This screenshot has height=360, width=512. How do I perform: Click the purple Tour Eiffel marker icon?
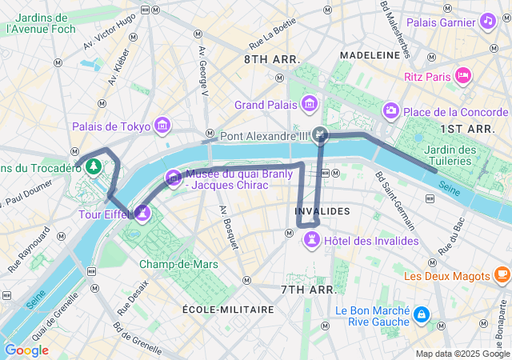(143, 212)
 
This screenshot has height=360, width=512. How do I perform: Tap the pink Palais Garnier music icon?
(487, 22)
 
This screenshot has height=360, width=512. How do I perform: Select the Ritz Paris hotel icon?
(462, 76)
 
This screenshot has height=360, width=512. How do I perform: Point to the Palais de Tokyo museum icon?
(163, 126)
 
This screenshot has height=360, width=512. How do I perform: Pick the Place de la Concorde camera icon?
(391, 110)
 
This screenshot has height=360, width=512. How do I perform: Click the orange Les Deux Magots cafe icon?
(502, 276)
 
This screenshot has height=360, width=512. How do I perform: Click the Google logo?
(26, 350)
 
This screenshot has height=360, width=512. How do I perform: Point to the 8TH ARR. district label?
(272, 60)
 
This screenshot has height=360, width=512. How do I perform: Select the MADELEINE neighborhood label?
(370, 54)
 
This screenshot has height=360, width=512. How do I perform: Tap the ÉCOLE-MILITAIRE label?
(228, 309)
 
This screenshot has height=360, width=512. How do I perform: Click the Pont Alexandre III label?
(264, 136)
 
